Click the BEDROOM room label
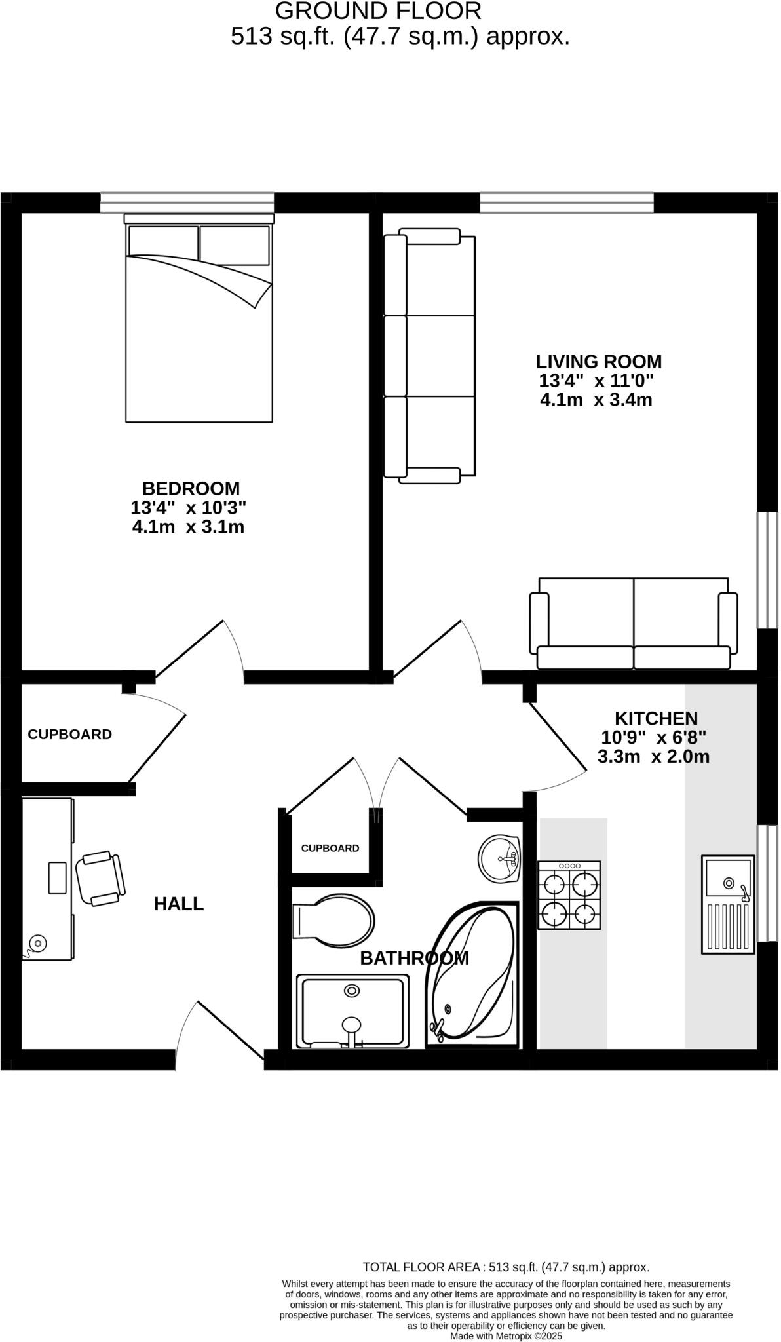191,488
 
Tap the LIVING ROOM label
598,361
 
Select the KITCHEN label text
655,718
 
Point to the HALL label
179,904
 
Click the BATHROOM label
414,958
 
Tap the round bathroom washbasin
499,858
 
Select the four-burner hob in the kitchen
569,894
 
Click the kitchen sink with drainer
728,904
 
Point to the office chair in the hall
100,879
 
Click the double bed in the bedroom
199,321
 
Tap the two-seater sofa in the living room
633,624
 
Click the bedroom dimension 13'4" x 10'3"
189,507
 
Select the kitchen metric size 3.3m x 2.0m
653,757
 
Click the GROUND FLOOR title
378,11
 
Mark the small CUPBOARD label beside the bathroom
330,848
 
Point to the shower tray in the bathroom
352,1011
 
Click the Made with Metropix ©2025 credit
506,1335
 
